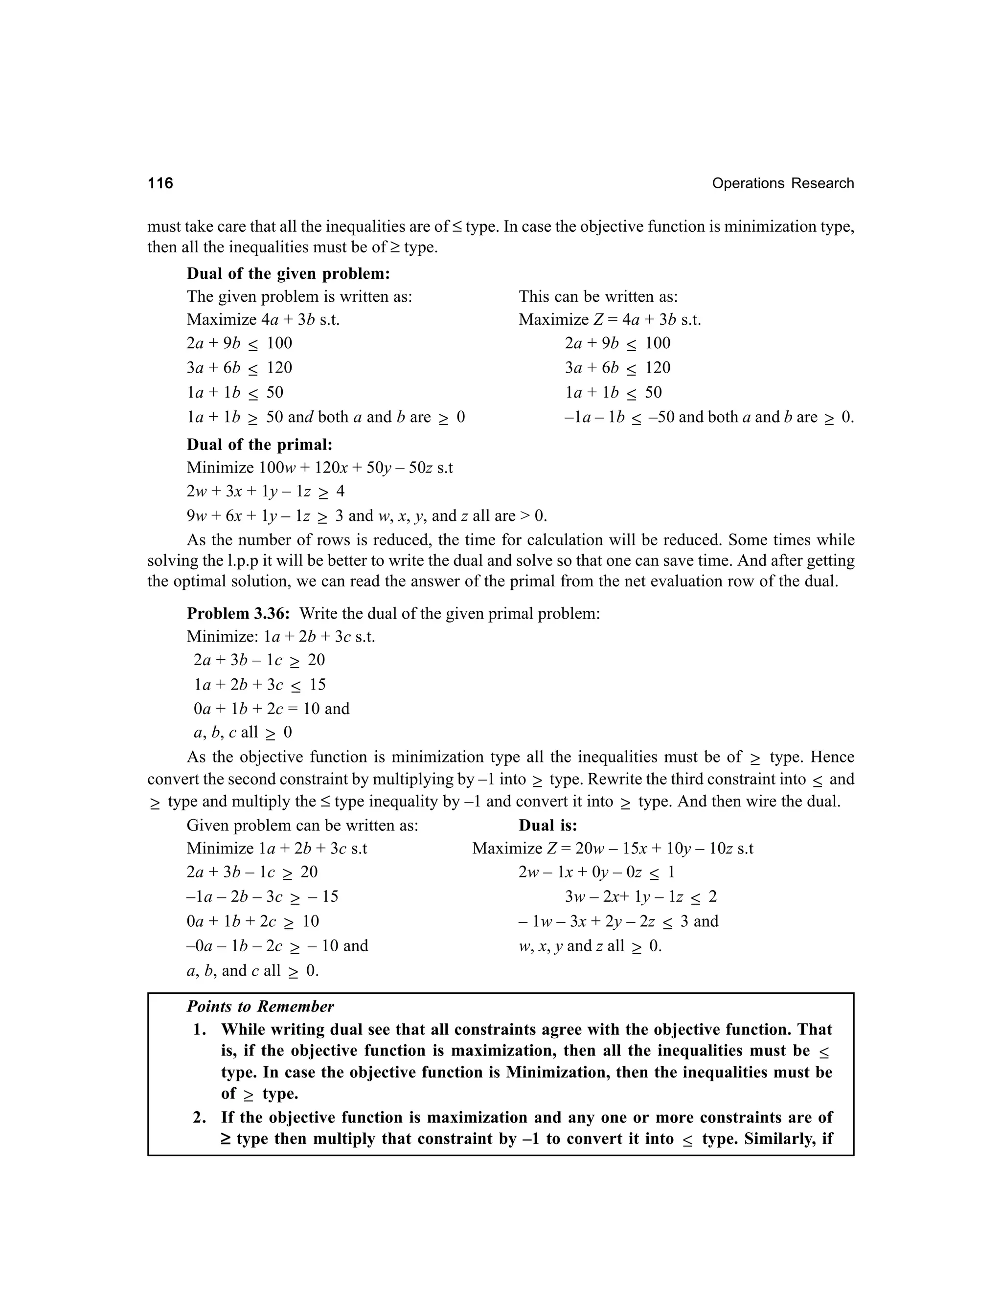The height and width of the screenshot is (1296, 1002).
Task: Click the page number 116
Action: coord(160,183)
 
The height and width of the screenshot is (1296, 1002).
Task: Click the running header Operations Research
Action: coord(782,183)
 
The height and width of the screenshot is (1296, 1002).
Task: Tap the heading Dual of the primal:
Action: coord(259,445)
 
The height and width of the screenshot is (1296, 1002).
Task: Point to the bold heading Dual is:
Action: coord(547,826)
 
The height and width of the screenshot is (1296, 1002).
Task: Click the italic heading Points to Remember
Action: coord(260,1006)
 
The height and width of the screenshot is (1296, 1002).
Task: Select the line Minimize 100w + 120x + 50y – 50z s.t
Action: coord(319,468)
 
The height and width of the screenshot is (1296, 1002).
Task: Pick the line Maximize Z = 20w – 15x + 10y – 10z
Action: coord(613,849)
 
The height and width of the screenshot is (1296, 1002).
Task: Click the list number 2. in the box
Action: coord(200,1117)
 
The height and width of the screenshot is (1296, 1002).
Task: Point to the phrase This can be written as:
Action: coord(598,297)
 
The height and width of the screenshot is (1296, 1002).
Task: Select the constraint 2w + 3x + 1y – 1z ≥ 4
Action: coord(265,492)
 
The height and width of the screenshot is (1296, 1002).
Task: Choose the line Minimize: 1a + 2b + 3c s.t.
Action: coord(281,637)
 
